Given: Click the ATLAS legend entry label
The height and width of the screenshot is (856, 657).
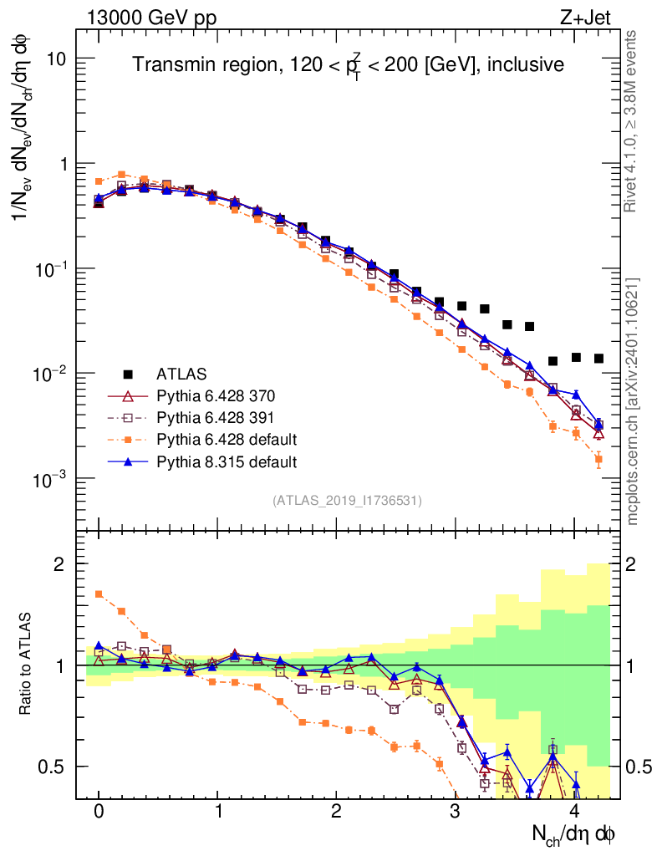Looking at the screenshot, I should click(180, 373).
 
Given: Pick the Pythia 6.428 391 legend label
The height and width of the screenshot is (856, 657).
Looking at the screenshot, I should click(216, 416).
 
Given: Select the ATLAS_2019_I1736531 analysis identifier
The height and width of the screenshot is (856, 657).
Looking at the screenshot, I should click(347, 501).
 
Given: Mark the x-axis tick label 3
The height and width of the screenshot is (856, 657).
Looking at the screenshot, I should click(455, 811).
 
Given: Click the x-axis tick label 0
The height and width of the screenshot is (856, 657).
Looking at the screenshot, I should click(99, 811).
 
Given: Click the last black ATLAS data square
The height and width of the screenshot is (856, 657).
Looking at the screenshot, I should click(598, 359).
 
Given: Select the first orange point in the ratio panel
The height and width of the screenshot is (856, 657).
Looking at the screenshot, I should click(99, 594).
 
